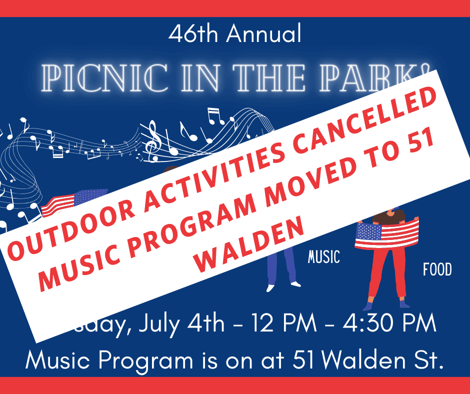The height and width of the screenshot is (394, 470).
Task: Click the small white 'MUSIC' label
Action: click(x=324, y=258)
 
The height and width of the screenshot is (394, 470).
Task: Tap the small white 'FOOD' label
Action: click(x=437, y=270)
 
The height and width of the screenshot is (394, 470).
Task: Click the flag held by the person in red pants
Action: click(x=386, y=234)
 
